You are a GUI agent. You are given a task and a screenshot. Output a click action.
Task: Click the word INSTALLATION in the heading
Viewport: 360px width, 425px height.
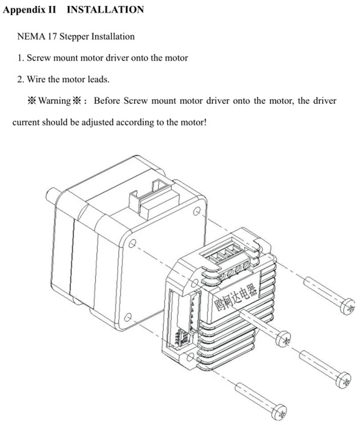[105, 10]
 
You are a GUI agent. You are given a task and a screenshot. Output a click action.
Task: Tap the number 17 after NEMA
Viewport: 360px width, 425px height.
[52, 36]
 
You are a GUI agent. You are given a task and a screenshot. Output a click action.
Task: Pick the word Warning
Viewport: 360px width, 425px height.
[54, 100]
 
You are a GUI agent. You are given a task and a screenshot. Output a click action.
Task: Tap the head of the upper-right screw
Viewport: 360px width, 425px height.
[347, 307]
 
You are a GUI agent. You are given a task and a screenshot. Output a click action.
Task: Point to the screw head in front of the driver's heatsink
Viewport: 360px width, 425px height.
[283, 339]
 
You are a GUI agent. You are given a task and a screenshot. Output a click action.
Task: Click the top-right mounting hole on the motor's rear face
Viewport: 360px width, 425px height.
[197, 211]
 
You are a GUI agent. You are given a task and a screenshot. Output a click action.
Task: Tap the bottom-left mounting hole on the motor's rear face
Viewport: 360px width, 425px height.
[128, 317]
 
